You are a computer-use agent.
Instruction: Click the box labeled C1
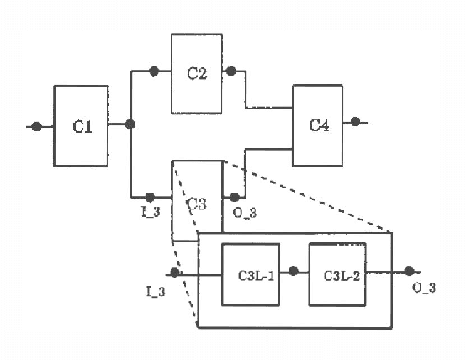pyautogui.click(x=81, y=125)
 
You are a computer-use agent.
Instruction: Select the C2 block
pyautogui.click(x=197, y=73)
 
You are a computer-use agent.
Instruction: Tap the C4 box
pyautogui.click(x=319, y=125)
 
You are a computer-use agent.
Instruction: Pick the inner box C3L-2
pyautogui.click(x=339, y=274)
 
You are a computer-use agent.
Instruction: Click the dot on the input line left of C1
pyautogui.click(x=36, y=126)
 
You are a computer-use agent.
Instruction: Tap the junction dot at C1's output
pyautogui.click(x=130, y=125)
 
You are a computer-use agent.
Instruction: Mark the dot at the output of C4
pyautogui.click(x=356, y=122)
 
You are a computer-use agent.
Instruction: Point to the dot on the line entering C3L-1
pyautogui.click(x=174, y=273)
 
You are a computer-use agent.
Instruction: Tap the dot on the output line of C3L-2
pyautogui.click(x=409, y=271)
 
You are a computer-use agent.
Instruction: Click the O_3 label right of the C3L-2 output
pyautogui.click(x=424, y=290)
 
